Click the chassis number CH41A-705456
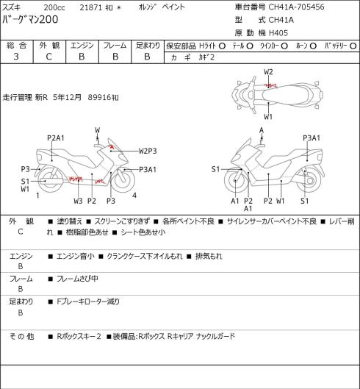coord(296,7)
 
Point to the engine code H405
coord(278,33)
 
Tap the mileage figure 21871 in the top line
coord(91,7)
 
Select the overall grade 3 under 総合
coord(16,57)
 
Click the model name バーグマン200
coord(30,19)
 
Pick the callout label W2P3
coord(148,151)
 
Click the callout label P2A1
coord(56,138)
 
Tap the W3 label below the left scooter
coord(78,201)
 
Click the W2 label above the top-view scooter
coord(268,72)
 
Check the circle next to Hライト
coord(222,46)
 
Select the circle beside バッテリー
coord(353,46)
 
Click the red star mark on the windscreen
coord(112,147)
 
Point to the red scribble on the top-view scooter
coord(270,86)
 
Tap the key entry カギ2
coord(206,57)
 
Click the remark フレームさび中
coord(77,279)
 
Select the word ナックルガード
coord(215,336)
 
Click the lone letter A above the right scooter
coord(262,130)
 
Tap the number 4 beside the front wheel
coord(134,196)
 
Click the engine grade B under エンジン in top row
coord(82,57)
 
